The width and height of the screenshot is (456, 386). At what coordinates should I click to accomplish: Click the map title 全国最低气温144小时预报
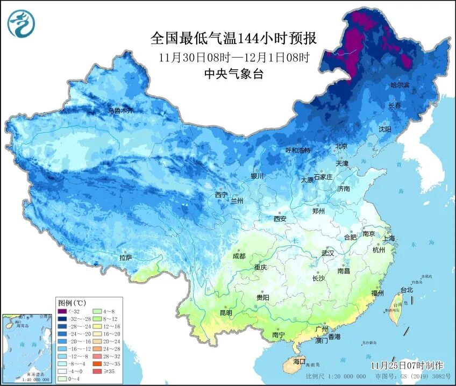[233, 39]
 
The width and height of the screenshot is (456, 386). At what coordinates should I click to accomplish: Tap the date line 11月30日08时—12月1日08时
[233, 57]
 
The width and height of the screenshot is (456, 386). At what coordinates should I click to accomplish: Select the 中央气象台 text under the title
[233, 75]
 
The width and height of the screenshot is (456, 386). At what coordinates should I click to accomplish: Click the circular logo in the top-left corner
[21, 24]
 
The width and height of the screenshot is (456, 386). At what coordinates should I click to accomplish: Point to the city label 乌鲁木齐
[120, 111]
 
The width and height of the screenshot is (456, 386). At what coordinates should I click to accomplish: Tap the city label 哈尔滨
[400, 85]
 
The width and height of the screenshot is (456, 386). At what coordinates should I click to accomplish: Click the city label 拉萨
[126, 258]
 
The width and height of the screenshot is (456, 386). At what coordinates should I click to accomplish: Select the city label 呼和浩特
[297, 151]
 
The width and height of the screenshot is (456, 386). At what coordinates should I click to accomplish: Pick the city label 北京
[341, 146]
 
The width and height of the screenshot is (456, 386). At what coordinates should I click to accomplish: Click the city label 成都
[239, 256]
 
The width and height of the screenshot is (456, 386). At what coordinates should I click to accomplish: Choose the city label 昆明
[225, 313]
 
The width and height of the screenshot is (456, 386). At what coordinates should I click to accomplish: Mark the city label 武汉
[327, 253]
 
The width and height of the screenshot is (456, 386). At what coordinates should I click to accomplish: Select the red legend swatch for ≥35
[96, 371]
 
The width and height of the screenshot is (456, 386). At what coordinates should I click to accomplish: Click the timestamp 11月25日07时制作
[407, 365]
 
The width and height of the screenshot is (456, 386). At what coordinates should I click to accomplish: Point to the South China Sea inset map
[27, 348]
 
